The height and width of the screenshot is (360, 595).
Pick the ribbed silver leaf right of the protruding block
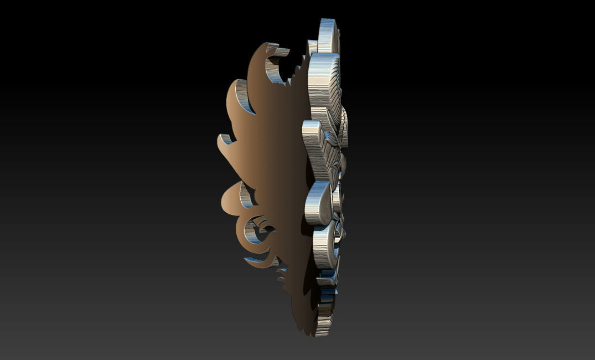point(335,161)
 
